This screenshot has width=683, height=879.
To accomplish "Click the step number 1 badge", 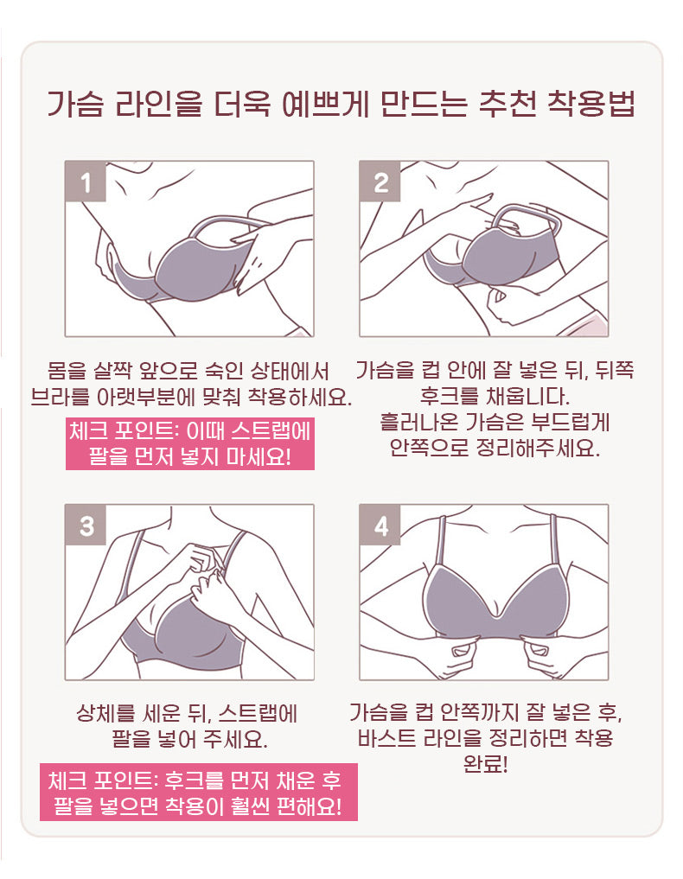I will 86,182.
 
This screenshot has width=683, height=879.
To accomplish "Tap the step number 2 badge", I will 380,182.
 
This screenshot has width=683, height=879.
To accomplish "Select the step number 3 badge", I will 86,525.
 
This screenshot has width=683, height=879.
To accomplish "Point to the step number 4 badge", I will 380,525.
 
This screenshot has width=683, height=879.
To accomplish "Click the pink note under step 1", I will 189,443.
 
